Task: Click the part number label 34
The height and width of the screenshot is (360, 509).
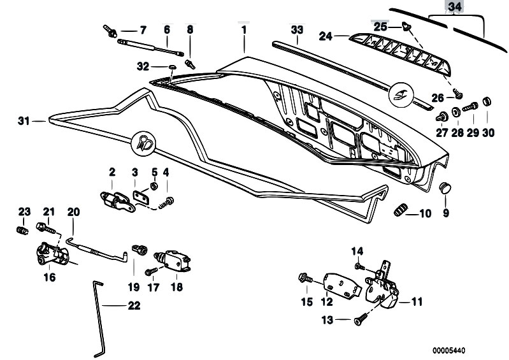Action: tap(471, 8)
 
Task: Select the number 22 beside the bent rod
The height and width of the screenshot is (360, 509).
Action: tap(133, 305)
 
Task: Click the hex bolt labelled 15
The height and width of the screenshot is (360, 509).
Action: tap(304, 278)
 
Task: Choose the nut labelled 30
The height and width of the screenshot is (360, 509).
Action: tap(487, 101)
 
